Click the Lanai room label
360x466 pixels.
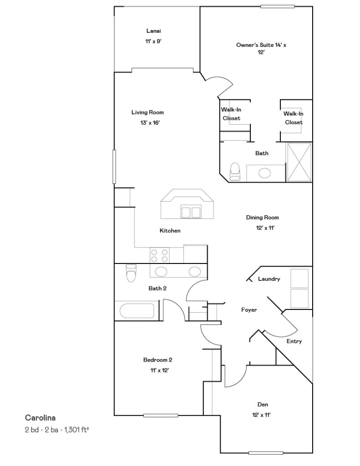click(153, 30)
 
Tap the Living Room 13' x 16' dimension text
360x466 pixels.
click(150, 123)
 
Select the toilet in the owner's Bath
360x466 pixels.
click(235, 172)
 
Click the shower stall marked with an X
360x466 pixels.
click(299, 162)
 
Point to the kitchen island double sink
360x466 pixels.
click(191, 212)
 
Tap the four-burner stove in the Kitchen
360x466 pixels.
click(159, 256)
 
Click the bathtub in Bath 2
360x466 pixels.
click(137, 311)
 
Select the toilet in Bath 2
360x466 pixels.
click(131, 273)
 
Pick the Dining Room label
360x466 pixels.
click(262, 217)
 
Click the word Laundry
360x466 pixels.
click(269, 279)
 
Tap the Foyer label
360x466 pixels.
click(249, 310)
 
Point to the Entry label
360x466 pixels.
click(294, 341)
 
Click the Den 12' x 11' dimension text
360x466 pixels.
click(261, 415)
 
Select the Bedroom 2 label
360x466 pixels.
click(157, 360)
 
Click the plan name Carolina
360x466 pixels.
click(40, 418)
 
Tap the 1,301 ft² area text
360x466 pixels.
click(77, 430)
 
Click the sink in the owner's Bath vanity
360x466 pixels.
click(264, 173)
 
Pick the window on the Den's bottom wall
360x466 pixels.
click(266, 453)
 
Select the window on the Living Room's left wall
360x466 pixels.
click(114, 166)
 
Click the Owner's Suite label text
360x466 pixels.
click(261, 48)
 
